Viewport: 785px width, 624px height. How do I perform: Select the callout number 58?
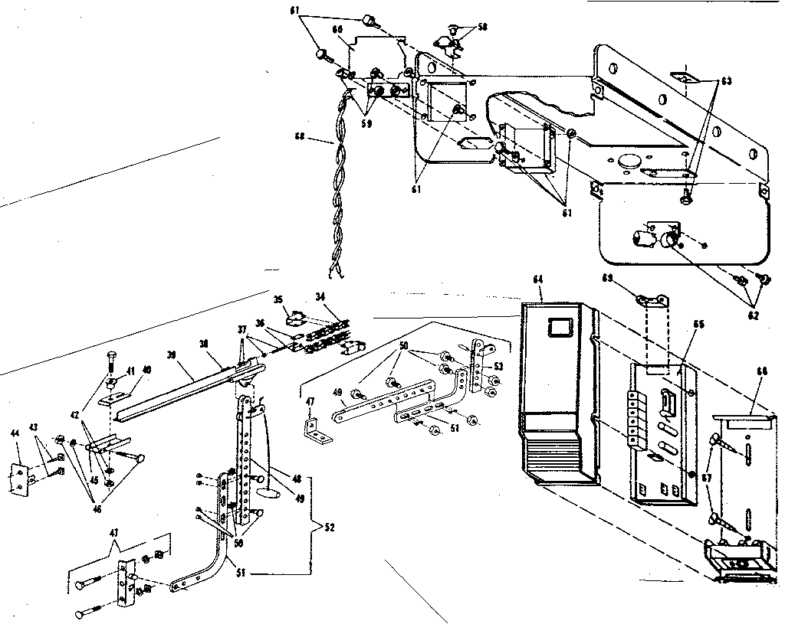click(x=481, y=27)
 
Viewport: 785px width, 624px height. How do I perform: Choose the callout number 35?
click(x=278, y=300)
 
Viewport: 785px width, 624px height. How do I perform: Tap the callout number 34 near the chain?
click(x=319, y=296)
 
